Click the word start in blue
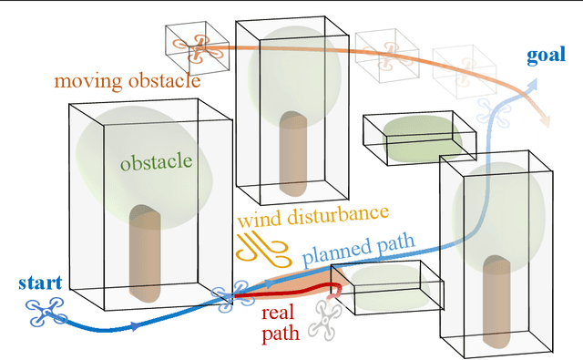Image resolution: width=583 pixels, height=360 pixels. click(x=39, y=282)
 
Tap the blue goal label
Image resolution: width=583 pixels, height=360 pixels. click(x=546, y=57)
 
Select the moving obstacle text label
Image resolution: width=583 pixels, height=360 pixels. click(x=127, y=81)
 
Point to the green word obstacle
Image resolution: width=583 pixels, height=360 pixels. click(x=156, y=162)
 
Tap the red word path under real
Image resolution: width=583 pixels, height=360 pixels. click(x=280, y=334)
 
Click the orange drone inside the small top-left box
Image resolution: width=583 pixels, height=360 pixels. click(x=195, y=46)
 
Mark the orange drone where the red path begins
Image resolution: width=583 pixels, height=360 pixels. click(x=242, y=291)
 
